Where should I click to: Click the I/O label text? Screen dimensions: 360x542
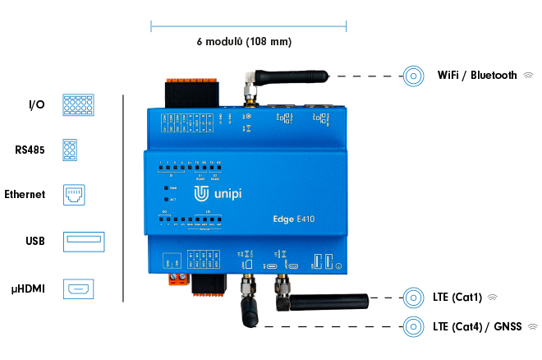point(36,105)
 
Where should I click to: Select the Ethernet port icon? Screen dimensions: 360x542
point(76,196)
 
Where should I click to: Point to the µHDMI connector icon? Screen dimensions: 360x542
point(80,288)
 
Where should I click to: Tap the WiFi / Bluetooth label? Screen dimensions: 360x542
point(477,76)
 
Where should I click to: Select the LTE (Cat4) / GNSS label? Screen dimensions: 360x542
point(477,326)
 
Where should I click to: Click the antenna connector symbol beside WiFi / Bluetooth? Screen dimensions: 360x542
point(414,76)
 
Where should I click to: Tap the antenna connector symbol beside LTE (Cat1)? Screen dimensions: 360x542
point(414,297)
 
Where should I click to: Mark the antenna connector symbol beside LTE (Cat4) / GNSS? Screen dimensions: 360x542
point(414,326)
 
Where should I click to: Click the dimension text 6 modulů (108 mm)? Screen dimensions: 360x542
point(244,41)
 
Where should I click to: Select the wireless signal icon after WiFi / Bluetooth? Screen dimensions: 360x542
point(529,76)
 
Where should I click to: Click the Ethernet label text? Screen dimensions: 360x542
point(25,195)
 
